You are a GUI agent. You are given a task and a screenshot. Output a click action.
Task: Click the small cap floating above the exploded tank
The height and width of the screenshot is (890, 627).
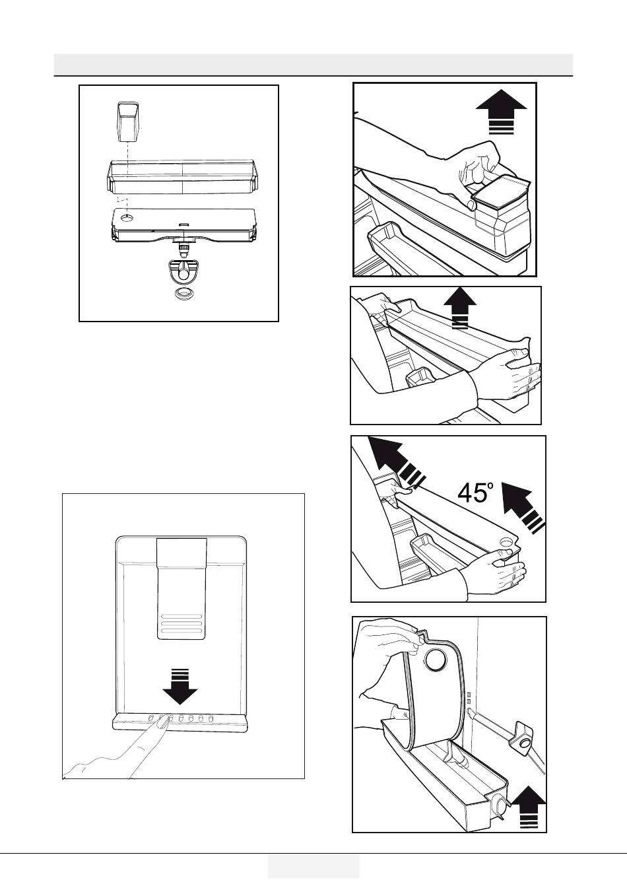tap(127, 121)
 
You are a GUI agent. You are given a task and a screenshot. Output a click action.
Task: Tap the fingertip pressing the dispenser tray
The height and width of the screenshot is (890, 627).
tap(161, 723)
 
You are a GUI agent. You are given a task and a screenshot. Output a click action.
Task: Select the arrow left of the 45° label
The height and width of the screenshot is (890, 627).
tap(393, 467)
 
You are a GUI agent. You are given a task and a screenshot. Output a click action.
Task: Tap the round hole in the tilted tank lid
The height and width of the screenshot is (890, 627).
tap(507, 541)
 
